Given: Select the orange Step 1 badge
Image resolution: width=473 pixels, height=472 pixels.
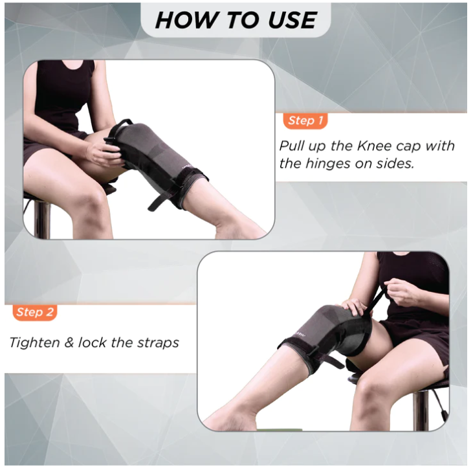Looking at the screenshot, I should tap(305, 120).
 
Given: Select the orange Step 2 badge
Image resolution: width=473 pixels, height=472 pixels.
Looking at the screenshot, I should tap(34, 312).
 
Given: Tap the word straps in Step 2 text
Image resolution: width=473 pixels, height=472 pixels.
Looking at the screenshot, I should tap(157, 343).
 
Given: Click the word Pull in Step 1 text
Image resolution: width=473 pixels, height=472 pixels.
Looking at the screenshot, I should tap(292, 146).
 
